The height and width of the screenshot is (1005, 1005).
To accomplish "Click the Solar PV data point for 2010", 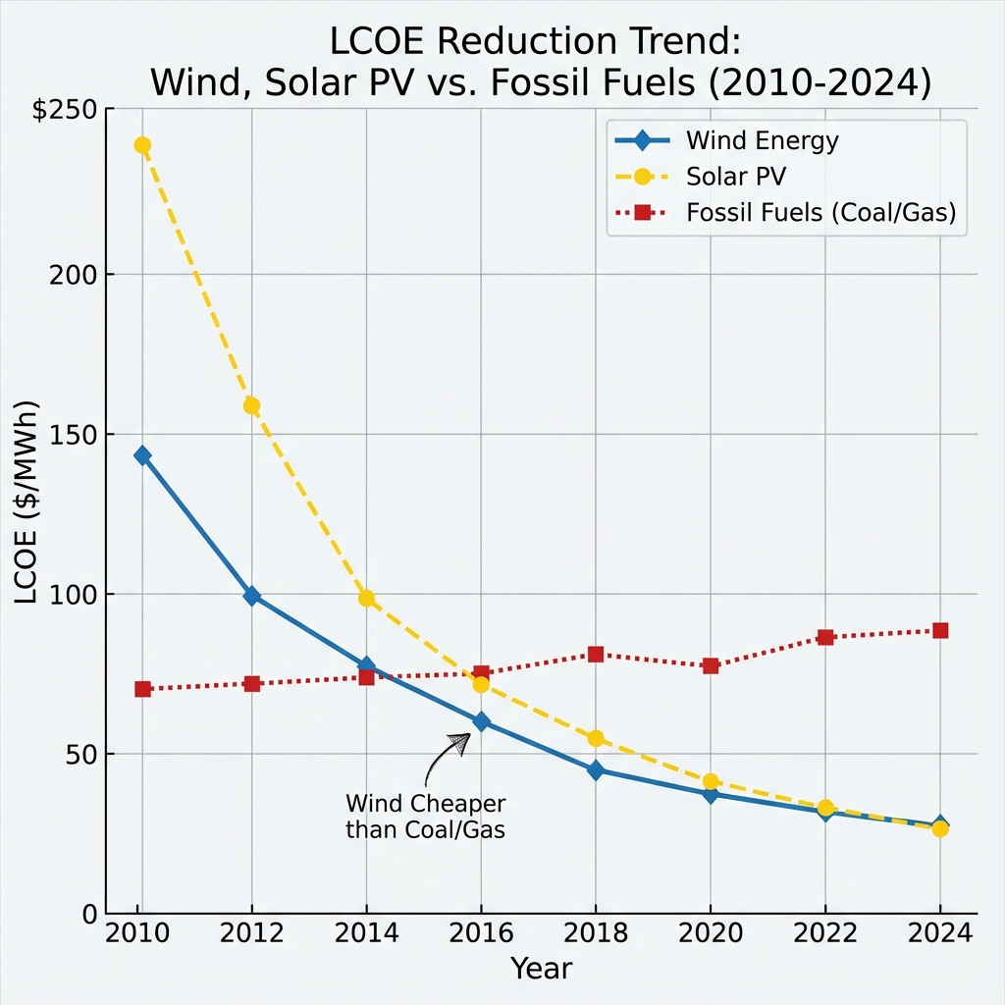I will [142, 145].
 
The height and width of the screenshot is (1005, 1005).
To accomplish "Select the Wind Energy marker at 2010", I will [142, 455].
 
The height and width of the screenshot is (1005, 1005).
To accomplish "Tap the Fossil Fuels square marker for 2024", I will [940, 630].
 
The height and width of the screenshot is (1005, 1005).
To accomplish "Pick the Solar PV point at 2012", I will [251, 405].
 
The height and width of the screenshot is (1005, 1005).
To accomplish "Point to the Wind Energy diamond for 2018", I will [596, 770].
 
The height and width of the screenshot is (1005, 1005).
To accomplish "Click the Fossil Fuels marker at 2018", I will [596, 654].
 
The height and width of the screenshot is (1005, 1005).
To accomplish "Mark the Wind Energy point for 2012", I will [251, 596].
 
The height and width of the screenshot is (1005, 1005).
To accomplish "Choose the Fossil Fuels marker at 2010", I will [142, 689].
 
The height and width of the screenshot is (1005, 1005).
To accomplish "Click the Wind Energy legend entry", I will [763, 140].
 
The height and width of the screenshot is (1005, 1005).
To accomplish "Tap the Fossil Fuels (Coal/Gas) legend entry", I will [820, 213].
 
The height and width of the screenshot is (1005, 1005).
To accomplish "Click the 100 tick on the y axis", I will [75, 595].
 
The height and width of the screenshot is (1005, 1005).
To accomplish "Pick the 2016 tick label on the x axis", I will [481, 933].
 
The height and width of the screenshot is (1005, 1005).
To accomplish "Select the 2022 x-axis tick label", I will [825, 933].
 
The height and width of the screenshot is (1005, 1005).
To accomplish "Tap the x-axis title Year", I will [541, 970].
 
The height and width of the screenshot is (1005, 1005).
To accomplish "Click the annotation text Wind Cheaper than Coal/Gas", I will [425, 817].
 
